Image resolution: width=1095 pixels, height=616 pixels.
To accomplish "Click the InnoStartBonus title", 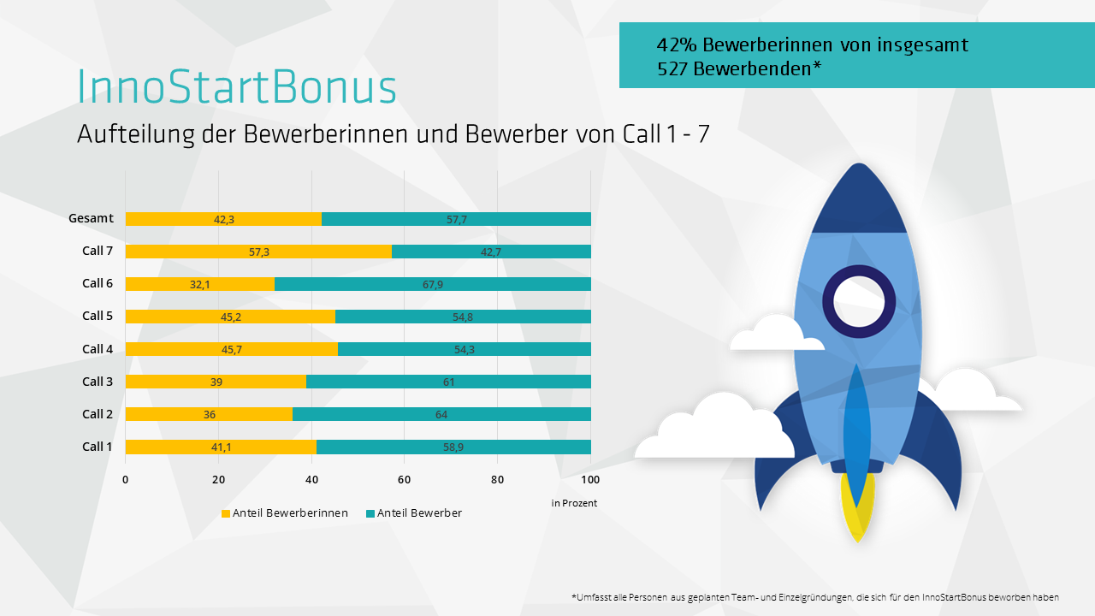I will pos(237,87).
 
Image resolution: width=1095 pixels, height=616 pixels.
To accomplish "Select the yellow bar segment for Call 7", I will pos(257,252).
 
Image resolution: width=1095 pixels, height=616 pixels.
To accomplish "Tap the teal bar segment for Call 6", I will pos(432,284).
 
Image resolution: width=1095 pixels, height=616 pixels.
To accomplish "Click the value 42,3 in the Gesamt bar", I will pos(224,220).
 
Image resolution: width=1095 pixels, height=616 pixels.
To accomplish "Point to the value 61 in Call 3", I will pos(449,382).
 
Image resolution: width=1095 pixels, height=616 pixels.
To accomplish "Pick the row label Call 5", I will pos(98,316).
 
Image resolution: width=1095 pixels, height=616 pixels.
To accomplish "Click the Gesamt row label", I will pos(91,218).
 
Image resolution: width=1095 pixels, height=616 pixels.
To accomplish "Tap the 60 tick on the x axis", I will pos(405,479).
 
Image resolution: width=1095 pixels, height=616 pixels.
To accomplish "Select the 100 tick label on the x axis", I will pos(590,479).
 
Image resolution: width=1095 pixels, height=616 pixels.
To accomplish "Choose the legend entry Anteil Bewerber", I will pos(418,513).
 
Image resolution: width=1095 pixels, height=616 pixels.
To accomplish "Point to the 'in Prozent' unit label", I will pos(574,503).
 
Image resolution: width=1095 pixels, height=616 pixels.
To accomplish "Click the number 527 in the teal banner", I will pos(672,69).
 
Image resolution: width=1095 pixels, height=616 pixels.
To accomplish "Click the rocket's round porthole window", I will pos(858,301).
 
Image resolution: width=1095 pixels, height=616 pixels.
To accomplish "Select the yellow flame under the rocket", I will pos(857,509).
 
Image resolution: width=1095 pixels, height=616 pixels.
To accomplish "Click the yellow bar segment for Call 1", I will pos(220,447).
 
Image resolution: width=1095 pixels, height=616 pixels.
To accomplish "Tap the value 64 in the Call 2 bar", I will pos(441,415).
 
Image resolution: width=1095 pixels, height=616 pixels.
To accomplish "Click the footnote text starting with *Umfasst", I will pos(814,596).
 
